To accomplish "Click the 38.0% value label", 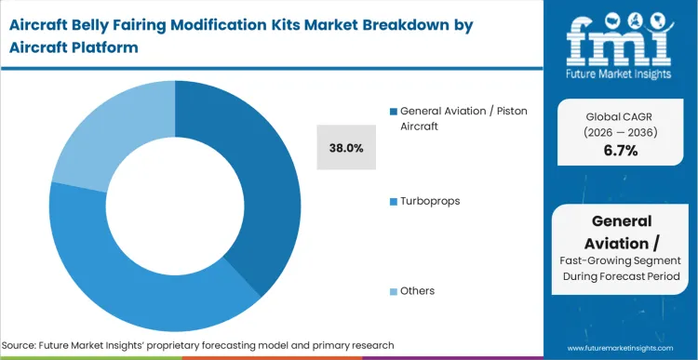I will click(345, 147).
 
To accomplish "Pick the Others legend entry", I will click(417, 291).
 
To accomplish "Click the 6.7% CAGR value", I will click(620, 151).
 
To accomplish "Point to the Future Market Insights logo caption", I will click(621, 73).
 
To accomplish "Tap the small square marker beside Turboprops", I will click(394, 201).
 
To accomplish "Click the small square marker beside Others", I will click(394, 291).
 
